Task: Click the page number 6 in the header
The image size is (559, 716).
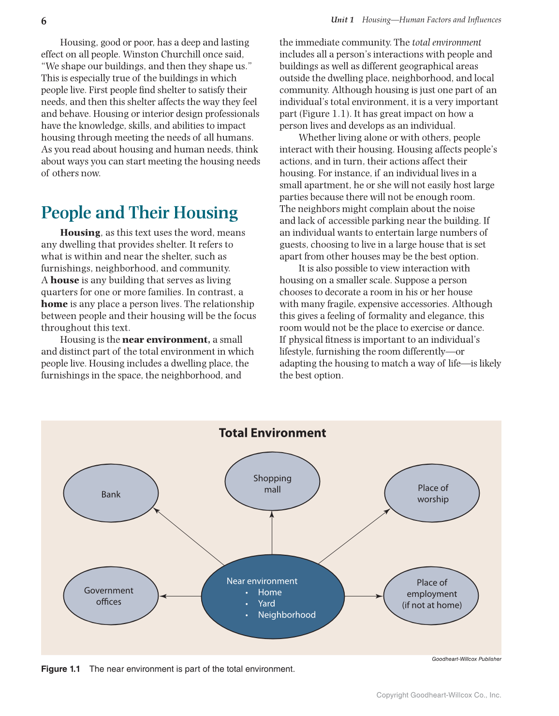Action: (44, 21)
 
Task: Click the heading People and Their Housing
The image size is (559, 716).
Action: (139, 213)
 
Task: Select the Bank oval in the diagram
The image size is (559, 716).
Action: (111, 493)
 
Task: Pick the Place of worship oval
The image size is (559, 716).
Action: (432, 494)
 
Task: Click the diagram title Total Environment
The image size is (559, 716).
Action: (272, 433)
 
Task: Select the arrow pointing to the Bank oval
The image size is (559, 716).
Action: (189, 536)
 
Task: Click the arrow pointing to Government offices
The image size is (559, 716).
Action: (180, 596)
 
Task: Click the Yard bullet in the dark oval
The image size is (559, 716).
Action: (266, 604)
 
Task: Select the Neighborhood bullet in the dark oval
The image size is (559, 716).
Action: (286, 615)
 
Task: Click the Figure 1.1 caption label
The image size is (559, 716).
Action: (60, 669)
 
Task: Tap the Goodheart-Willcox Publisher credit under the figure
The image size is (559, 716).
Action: (466, 659)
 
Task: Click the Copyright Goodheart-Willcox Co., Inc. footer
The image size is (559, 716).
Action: (439, 695)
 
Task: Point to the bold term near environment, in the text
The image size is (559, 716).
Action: (166, 340)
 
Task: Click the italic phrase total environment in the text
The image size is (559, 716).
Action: (446, 43)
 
